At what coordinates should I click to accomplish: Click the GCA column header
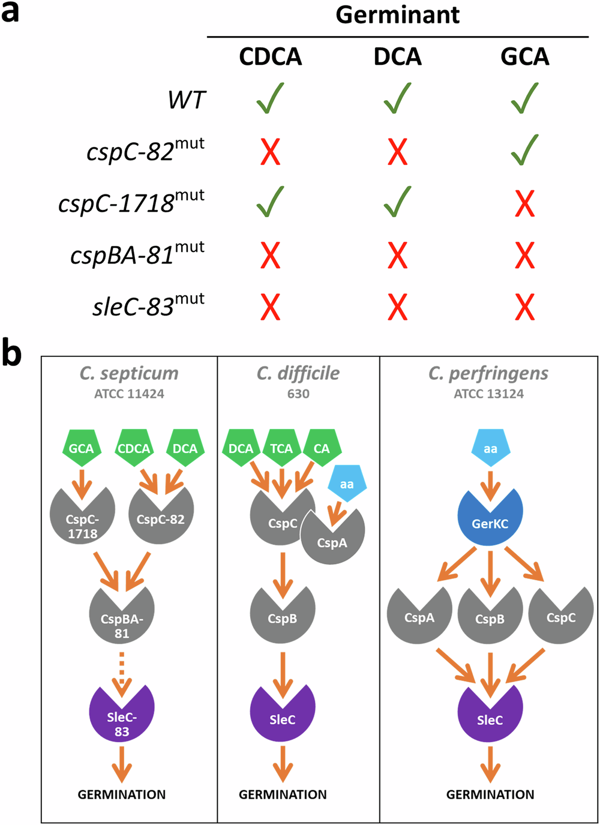click(x=524, y=57)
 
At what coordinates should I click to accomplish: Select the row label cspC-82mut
click(x=146, y=151)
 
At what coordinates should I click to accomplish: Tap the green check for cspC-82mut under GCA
click(x=524, y=150)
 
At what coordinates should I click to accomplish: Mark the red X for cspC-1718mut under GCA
click(x=524, y=203)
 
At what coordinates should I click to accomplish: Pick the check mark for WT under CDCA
click(x=270, y=98)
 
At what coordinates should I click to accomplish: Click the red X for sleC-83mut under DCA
click(x=397, y=307)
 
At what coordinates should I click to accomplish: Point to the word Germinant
click(x=397, y=14)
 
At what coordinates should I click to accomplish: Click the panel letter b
click(x=12, y=353)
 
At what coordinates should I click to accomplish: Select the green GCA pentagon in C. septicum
click(x=81, y=448)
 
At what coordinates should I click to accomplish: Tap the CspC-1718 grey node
click(x=82, y=520)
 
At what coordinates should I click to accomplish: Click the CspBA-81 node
click(x=122, y=621)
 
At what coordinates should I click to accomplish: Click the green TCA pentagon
click(x=281, y=448)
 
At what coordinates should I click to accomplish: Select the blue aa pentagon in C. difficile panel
click(x=347, y=483)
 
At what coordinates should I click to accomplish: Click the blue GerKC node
click(x=490, y=519)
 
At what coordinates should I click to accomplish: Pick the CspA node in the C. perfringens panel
click(x=419, y=616)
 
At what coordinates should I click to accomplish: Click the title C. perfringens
click(x=488, y=373)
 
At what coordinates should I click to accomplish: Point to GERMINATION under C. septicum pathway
click(x=122, y=794)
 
